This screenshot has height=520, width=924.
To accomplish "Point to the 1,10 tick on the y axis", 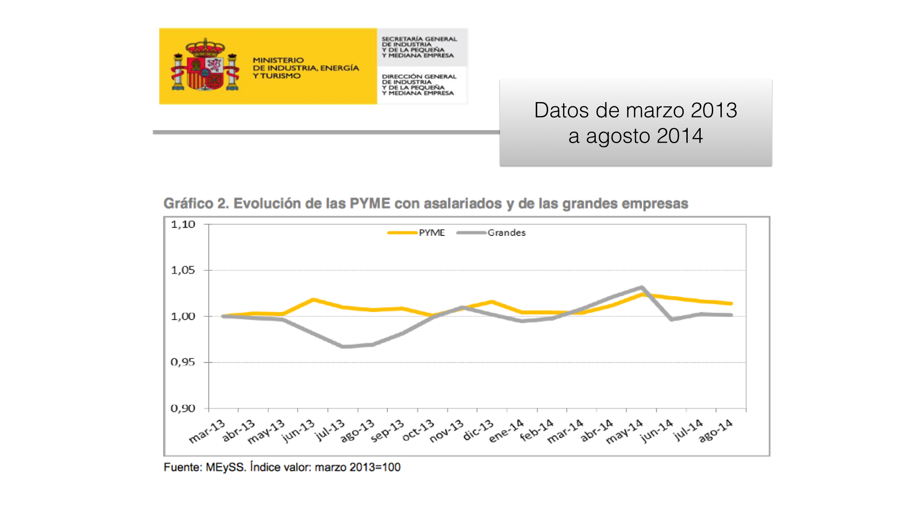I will click(183, 224).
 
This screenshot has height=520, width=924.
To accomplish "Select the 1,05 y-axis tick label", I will click(183, 270).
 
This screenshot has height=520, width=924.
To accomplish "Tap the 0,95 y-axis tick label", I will click(183, 362).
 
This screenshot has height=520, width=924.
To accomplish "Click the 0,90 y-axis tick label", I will click(183, 408).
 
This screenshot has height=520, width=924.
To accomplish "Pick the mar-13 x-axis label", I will click(207, 431).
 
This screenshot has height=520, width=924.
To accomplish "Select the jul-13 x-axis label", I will click(330, 430).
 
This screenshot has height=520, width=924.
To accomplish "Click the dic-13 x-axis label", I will click(478, 430).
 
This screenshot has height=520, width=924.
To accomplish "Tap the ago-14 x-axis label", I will click(716, 430).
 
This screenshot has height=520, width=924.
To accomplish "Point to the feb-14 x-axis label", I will click(537, 430).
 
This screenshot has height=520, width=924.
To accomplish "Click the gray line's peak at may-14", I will click(642, 287).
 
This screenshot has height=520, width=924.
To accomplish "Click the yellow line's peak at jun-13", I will click(313, 299).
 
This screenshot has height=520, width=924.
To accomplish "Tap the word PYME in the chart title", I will click(370, 204).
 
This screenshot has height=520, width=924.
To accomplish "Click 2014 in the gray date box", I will click(680, 136).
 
